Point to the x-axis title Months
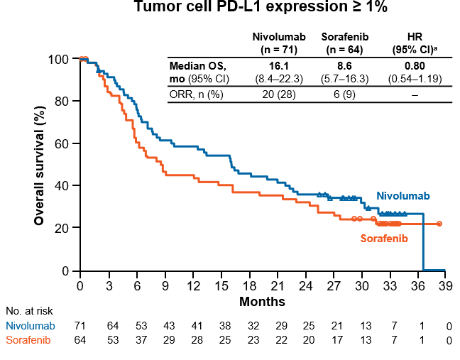click(x=262, y=302)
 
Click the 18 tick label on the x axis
click(x=248, y=286)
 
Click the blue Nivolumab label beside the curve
click(x=402, y=196)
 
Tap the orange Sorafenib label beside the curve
click(x=384, y=239)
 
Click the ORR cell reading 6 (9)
click(x=343, y=95)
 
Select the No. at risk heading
click(x=29, y=310)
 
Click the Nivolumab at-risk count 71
click(x=80, y=326)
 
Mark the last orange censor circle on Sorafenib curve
click(x=439, y=224)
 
